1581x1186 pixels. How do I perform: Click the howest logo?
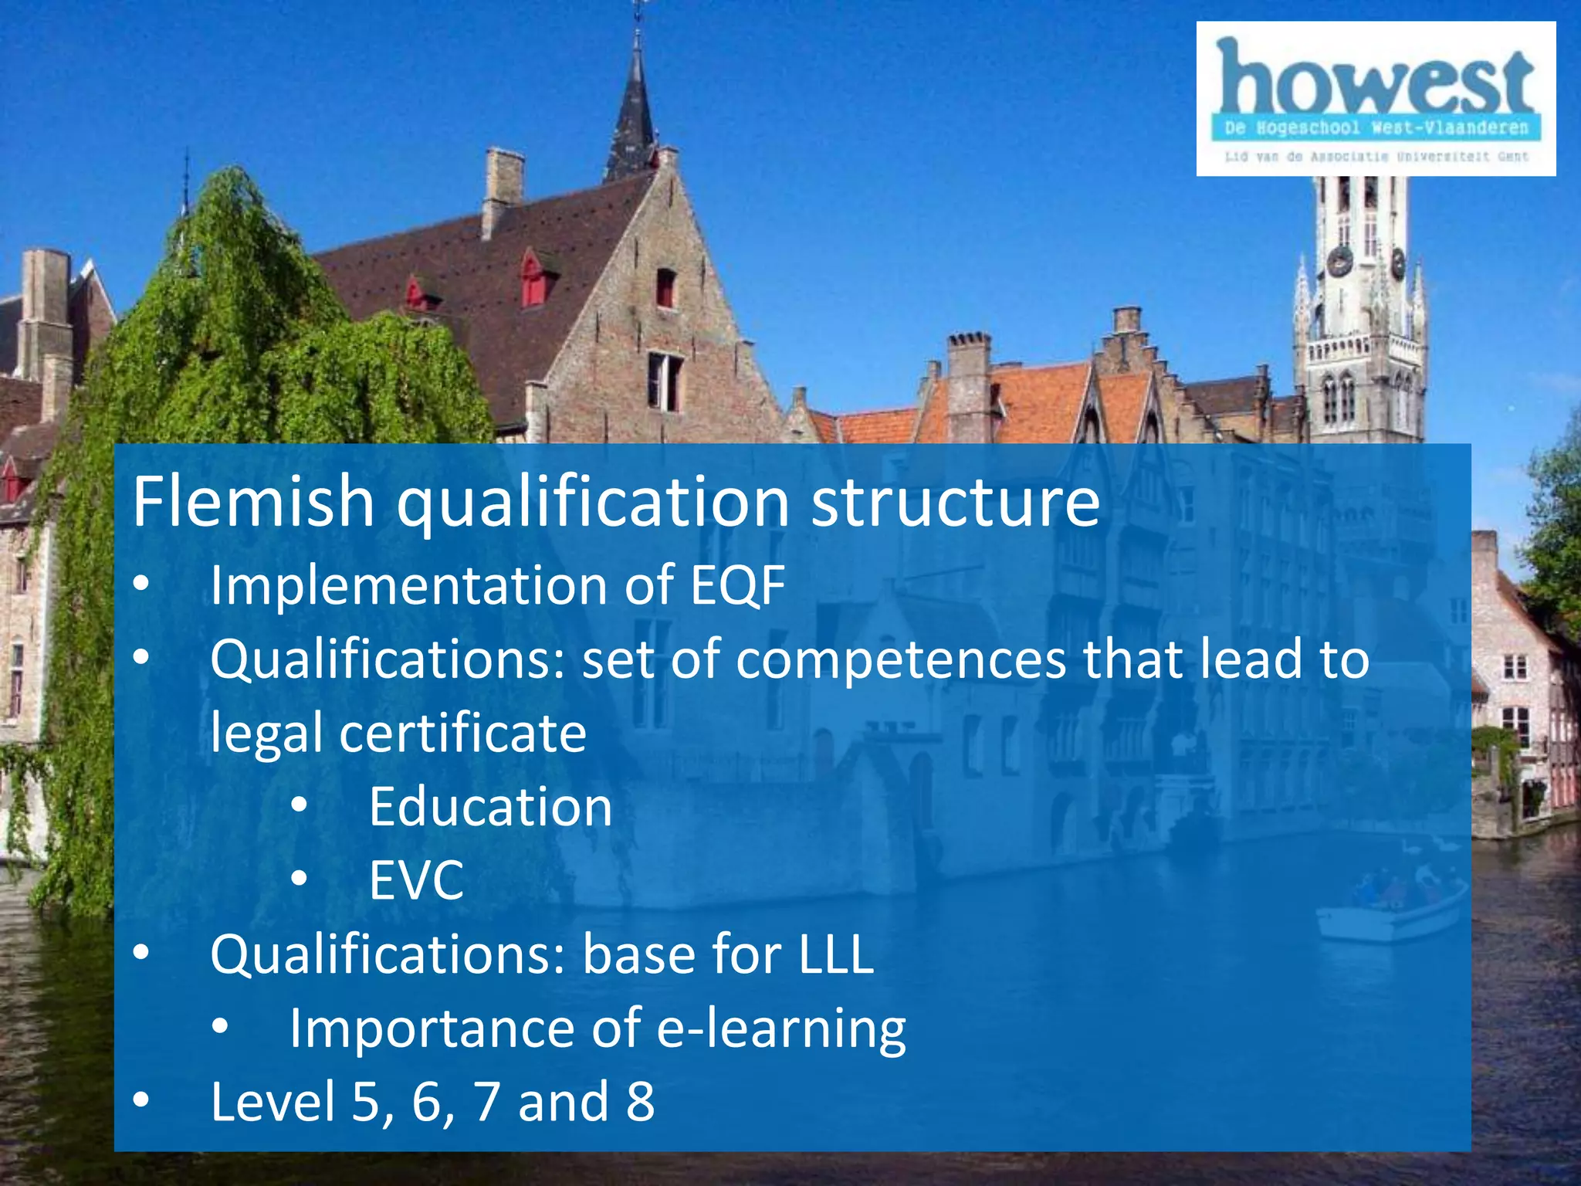pos(1375,98)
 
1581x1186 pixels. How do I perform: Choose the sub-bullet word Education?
pos(490,806)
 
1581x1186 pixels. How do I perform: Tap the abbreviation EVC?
pos(416,879)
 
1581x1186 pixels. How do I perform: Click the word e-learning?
pos(781,1028)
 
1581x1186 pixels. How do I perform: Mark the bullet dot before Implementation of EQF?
pos(140,585)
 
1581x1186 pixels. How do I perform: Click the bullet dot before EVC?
pos(300,879)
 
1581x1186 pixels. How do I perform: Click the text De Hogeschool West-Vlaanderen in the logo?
pos(1376,127)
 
